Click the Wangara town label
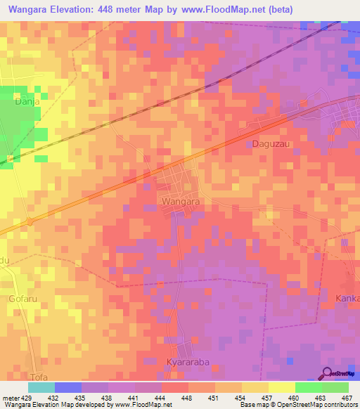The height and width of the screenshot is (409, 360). (x=181, y=201)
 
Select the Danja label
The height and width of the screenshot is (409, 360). (x=25, y=101)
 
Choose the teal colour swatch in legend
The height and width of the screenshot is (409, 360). (x=41, y=387)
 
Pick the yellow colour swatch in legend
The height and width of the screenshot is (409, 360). (x=282, y=387)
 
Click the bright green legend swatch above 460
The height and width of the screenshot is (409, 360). (x=309, y=387)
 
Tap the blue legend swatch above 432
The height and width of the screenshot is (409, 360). (x=68, y=387)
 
